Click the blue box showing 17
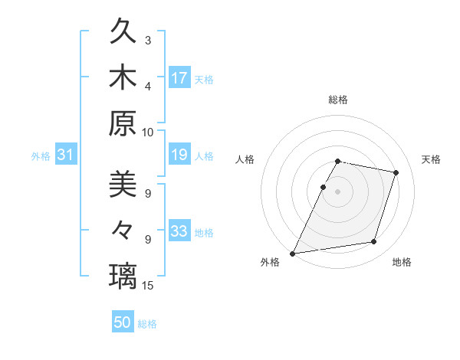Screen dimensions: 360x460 [179, 78]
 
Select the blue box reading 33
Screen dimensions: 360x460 [179, 232]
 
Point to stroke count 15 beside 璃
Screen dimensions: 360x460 [149, 286]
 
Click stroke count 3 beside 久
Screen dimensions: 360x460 [148, 40]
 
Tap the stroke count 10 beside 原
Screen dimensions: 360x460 [148, 131]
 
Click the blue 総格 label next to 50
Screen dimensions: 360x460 [147, 324]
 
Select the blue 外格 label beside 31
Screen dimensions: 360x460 [41, 156]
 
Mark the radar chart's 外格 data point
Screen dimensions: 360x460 [293, 253]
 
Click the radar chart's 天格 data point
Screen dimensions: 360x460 [396, 173]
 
